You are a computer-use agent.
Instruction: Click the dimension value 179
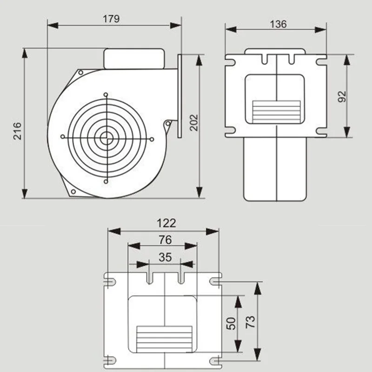(x=111, y=19)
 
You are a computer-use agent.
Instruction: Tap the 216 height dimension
(x=17, y=131)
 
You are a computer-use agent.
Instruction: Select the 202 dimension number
(x=194, y=123)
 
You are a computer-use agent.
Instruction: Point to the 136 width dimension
(x=278, y=24)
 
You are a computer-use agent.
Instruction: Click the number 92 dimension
(x=342, y=97)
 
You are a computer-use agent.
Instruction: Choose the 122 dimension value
(x=166, y=223)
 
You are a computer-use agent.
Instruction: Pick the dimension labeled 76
(x=165, y=240)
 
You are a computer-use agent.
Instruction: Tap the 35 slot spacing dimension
(x=165, y=257)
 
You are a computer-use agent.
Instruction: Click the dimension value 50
(x=231, y=324)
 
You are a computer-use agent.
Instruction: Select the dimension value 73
(x=250, y=322)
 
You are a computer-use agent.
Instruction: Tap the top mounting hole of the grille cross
(x=106, y=95)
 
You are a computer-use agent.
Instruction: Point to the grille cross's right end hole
(x=152, y=139)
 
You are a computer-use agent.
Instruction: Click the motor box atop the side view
(x=134, y=59)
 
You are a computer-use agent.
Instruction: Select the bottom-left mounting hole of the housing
(x=73, y=192)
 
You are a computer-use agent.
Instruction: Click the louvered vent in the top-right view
(x=276, y=112)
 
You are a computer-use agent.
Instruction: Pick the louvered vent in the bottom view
(x=165, y=339)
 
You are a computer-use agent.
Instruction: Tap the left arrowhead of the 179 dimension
(x=53, y=26)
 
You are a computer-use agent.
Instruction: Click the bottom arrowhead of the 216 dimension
(x=25, y=193)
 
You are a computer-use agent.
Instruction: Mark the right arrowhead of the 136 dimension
(x=321, y=30)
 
